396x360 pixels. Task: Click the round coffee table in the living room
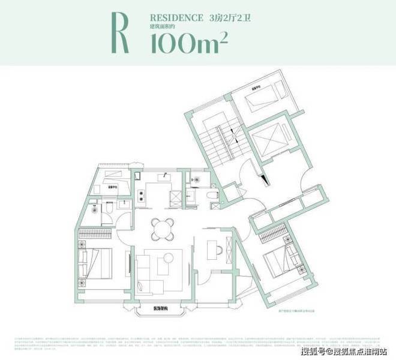point(169,257)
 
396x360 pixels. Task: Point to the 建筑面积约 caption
point(163,29)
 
